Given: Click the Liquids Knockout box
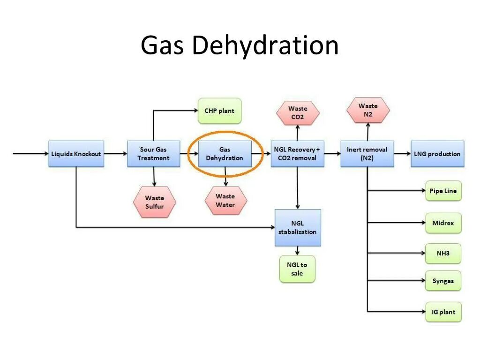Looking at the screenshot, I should (75, 154).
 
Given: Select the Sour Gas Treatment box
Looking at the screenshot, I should (153, 154).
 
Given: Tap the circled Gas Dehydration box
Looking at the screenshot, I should (225, 154).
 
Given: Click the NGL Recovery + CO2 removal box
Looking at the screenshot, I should (297, 154).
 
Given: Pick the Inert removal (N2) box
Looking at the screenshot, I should (367, 154).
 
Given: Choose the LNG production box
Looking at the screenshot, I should (437, 154).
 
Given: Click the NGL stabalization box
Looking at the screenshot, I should (297, 228).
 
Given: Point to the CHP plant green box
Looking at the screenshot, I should (219, 111).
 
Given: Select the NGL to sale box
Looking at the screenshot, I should (297, 269).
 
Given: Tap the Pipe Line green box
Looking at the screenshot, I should (443, 191).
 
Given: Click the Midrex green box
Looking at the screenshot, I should (443, 223).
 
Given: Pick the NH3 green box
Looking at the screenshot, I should (443, 253).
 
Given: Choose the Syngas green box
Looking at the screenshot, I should (443, 281).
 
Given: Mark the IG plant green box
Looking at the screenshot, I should (443, 312).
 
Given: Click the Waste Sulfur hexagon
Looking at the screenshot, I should (154, 202).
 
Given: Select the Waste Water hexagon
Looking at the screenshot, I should (225, 201).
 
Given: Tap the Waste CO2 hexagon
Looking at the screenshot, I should (298, 113).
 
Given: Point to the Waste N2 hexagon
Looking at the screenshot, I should (368, 111).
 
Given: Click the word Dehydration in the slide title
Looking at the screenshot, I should (265, 46).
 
